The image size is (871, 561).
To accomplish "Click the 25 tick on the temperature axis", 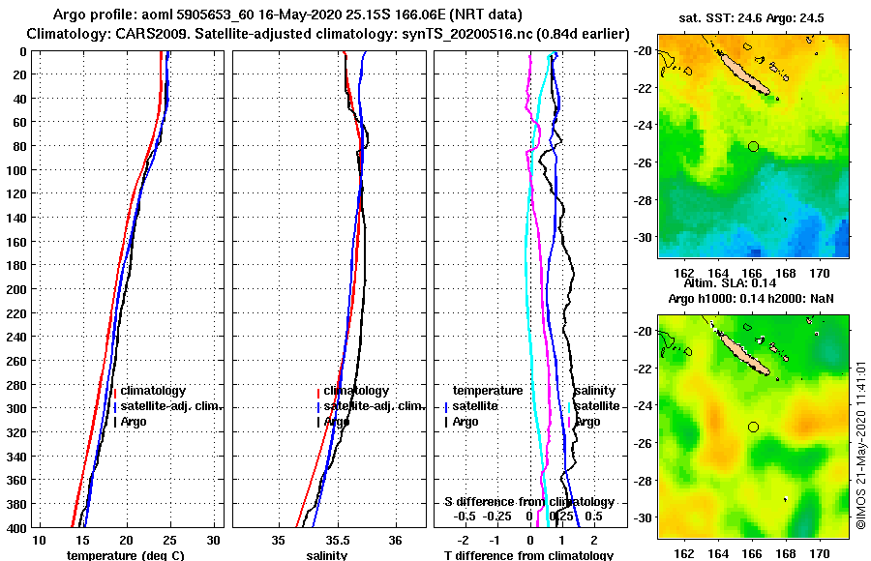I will [x=170, y=540].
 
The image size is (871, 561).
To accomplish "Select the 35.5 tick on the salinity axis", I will [x=338, y=540].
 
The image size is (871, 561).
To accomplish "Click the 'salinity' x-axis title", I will [x=327, y=555].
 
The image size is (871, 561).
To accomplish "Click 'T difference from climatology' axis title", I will [x=528, y=555].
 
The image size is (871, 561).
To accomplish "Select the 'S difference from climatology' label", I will [x=528, y=502].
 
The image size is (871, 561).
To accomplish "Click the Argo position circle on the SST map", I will [x=753, y=146].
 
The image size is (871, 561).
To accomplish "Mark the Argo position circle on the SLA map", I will [x=753, y=427].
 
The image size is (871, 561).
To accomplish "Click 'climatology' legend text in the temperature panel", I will [x=152, y=390].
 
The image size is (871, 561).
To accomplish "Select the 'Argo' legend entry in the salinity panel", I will [x=337, y=422].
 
